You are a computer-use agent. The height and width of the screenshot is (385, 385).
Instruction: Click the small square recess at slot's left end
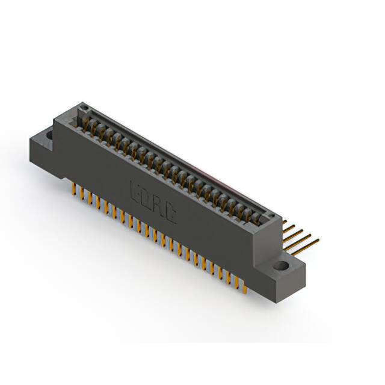click(85, 109)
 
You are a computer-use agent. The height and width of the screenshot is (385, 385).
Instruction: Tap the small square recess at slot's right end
click(269, 217)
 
